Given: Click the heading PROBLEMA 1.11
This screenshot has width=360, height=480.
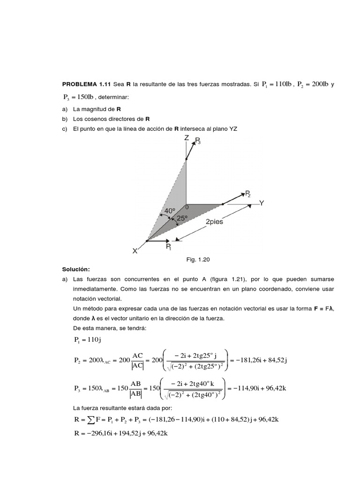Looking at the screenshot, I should pos(87,84).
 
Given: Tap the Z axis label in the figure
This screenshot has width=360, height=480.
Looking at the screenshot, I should pos(187,138).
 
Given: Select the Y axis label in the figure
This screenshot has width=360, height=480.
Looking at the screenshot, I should pos(262,203).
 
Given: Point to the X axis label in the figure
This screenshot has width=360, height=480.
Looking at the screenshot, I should pos(135,251).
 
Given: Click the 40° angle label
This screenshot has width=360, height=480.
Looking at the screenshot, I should pos(169,211).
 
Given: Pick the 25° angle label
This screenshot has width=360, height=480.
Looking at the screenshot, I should pos(181,218).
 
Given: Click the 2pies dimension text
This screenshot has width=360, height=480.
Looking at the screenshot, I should pos(214,222).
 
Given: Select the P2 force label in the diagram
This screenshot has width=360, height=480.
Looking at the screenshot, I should pos(248,194).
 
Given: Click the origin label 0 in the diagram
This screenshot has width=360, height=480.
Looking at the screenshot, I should pos(187,207).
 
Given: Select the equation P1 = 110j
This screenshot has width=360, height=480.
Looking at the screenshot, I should pos(85,339).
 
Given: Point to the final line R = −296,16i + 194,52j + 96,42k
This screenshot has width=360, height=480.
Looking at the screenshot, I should pos(121,434).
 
